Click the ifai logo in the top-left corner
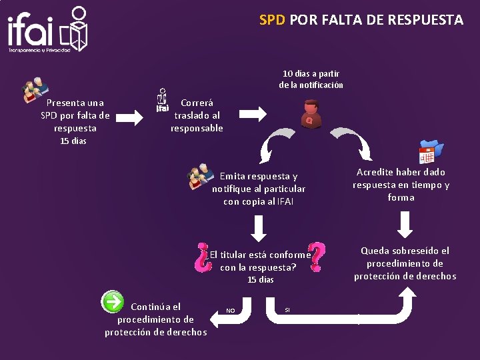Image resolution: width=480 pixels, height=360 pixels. (x=47, y=30)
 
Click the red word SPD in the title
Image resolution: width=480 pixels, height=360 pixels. (x=272, y=20)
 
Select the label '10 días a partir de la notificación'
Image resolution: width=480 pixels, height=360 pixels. (x=311, y=79)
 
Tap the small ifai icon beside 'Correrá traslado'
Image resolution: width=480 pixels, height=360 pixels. (x=162, y=100)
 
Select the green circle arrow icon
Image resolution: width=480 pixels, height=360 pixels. (x=112, y=301)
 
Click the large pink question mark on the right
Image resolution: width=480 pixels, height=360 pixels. (x=318, y=257)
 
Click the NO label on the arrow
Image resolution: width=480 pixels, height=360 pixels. (x=231, y=311)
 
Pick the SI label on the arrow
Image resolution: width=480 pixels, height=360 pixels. (x=287, y=310)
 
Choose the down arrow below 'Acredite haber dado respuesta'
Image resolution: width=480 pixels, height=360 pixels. (x=405, y=224)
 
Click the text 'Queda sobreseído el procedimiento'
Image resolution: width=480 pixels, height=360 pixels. (x=405, y=263)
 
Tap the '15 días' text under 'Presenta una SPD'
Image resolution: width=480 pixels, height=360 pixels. (x=73, y=141)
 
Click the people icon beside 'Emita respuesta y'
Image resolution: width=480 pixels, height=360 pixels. (x=201, y=176)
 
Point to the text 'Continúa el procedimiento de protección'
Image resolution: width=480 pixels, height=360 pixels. (x=155, y=319)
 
